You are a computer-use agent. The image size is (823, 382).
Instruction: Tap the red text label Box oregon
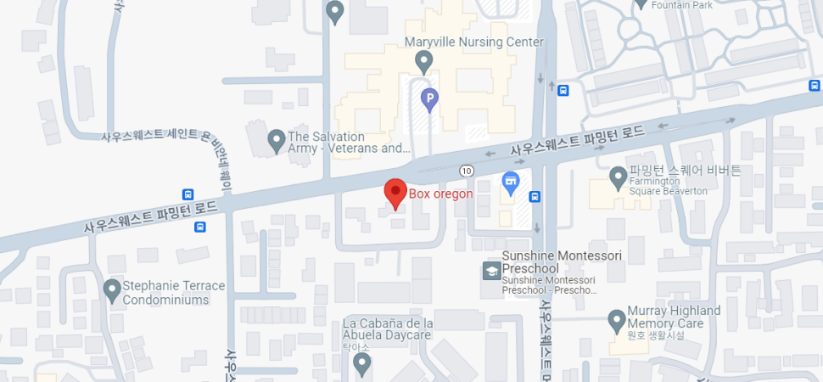coord(440,194)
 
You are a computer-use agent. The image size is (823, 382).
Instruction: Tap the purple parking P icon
coord(430,101)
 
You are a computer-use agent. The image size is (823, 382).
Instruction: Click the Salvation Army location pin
coord(276,140)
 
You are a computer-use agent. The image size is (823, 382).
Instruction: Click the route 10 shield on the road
coord(466,171)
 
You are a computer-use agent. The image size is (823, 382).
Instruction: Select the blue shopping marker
coord(510,181)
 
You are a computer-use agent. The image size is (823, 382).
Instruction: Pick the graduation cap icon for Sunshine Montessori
coord(491,271)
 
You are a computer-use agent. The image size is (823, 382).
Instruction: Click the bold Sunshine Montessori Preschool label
coord(561,262)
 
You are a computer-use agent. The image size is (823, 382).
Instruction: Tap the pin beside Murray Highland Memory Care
coord(617,320)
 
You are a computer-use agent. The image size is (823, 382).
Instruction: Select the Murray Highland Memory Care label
coord(674,317)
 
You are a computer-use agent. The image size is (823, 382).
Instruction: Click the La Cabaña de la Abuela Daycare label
coord(388,329)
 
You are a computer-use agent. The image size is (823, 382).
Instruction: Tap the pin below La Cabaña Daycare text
coord(362,364)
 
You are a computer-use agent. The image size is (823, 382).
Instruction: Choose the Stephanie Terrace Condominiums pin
coord(112,290)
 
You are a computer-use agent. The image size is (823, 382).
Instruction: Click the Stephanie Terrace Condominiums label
coord(174,293)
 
